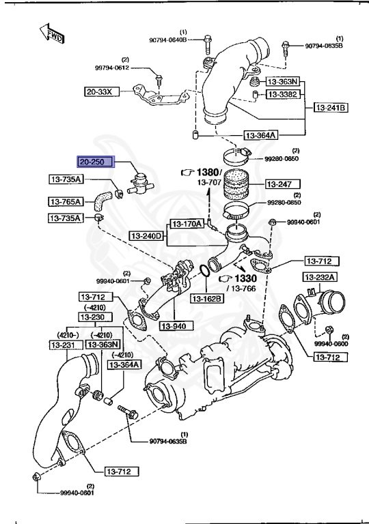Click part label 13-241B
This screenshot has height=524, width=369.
coord(331,108)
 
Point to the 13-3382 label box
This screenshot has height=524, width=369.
coord(282,93)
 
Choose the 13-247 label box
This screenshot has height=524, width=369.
coord(278,184)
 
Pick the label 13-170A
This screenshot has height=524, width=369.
coord(187,224)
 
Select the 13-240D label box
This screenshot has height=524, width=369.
coord(147,236)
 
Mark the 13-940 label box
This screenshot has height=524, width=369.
coord(174,325)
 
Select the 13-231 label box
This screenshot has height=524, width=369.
coord(64,346)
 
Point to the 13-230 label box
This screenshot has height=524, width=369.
coord(92,317)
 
